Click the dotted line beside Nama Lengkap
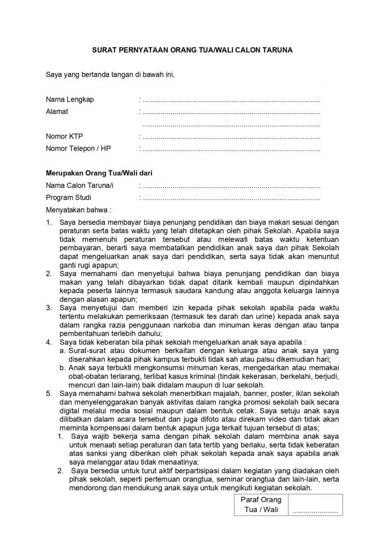232,100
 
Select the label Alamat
57,112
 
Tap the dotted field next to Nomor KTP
232,137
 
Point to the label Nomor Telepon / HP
78,148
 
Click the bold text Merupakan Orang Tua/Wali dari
99,173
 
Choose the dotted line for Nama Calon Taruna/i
232,186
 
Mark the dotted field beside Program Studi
232,198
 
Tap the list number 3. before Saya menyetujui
48,308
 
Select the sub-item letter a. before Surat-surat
63,351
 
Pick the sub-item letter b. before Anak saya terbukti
63,368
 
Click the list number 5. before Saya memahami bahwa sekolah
48,393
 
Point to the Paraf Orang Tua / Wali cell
261,505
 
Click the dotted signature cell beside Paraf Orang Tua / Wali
315,510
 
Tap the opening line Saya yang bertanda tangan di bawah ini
110,74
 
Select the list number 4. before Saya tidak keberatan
48,342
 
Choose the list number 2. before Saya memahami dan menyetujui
48,274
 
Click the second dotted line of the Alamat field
232,125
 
